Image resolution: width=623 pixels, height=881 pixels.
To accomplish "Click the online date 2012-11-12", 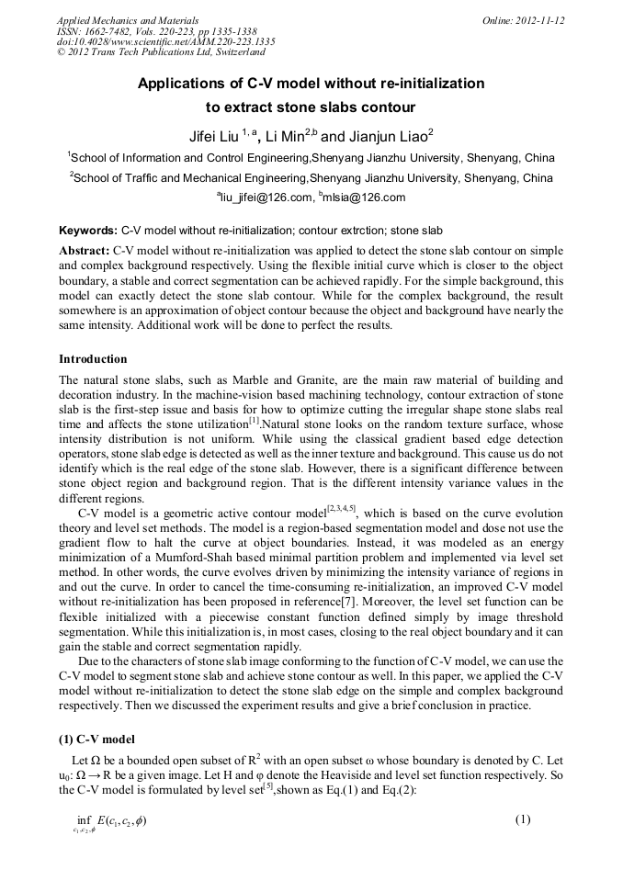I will click(541, 20).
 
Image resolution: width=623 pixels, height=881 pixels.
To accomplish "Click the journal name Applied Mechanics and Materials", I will click(128, 20).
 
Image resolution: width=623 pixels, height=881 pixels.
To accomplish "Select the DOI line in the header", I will click(165, 42).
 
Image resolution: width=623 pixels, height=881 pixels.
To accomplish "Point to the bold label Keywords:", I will click(87, 232).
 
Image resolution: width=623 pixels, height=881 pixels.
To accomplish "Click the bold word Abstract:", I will click(85, 250).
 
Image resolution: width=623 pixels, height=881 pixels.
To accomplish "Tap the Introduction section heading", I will click(93, 358).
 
